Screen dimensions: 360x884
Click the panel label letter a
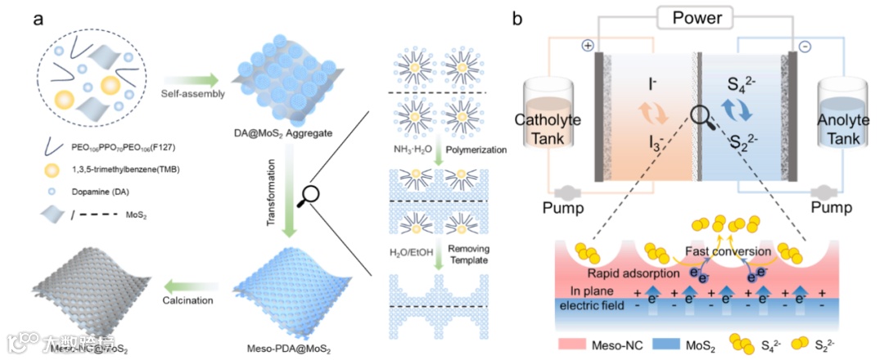pos(38,19)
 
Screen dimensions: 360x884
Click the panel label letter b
pos(517,19)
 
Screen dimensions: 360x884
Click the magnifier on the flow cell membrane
pos(701,119)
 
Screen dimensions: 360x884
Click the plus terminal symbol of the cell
pos(586,47)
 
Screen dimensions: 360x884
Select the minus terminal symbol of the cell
pos(805,47)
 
